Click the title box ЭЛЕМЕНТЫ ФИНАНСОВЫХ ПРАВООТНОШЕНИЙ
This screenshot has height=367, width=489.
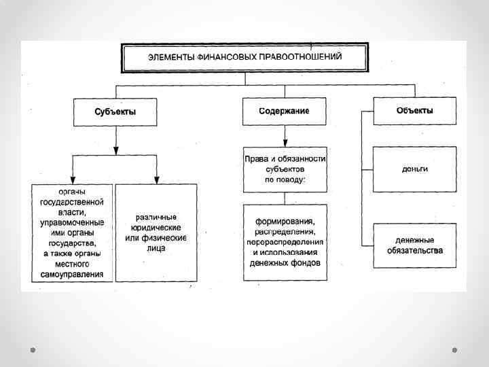click(244, 57)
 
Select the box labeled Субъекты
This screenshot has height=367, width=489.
click(115, 111)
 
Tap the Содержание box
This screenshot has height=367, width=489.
click(284, 111)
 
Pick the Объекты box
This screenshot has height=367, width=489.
click(414, 110)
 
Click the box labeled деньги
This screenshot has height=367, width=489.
click(414, 169)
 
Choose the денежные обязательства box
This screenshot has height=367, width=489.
click(414, 245)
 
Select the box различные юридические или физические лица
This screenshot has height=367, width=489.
click(156, 232)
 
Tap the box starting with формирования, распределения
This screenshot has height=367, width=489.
click(285, 242)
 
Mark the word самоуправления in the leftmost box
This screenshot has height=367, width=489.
click(72, 275)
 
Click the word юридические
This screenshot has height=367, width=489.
click(156, 228)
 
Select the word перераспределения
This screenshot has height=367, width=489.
click(285, 242)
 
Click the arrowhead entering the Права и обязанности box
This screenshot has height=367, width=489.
click(285, 143)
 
